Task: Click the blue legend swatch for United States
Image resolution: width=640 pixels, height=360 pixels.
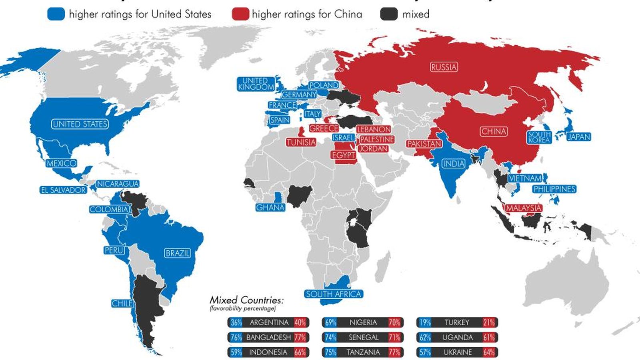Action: pyautogui.click(x=56, y=14)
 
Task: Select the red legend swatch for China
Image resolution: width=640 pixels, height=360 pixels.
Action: pyautogui.click(x=240, y=14)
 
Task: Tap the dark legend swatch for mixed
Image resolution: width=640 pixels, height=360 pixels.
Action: pyautogui.click(x=388, y=14)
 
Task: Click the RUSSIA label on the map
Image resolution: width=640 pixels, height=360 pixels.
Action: pyautogui.click(x=444, y=67)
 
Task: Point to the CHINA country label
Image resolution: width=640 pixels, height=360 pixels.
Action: pyautogui.click(x=494, y=132)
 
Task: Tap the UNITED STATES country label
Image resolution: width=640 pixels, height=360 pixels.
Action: pyautogui.click(x=80, y=124)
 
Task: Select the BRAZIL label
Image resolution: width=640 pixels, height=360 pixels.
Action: pyautogui.click(x=178, y=253)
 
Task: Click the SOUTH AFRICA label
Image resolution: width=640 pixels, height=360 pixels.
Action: pyautogui.click(x=334, y=294)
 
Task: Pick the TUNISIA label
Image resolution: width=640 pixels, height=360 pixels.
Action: pyautogui.click(x=301, y=142)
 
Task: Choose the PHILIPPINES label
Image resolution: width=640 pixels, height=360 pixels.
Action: pyautogui.click(x=554, y=189)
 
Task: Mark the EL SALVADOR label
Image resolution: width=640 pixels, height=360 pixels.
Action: pyautogui.click(x=63, y=190)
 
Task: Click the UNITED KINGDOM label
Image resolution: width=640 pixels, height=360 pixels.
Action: pyautogui.click(x=256, y=84)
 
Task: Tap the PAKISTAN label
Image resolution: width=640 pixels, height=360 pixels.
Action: pyautogui.click(x=424, y=144)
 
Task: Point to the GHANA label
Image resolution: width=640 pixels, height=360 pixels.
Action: pyautogui.click(x=270, y=207)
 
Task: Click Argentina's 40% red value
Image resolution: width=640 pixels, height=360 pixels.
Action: pyautogui.click(x=300, y=322)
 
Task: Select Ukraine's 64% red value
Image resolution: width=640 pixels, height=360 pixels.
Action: pyautogui.click(x=489, y=352)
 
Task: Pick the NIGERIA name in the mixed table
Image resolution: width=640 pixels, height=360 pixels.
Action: pyautogui.click(x=363, y=322)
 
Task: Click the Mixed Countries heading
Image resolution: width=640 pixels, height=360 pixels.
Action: pyautogui.click(x=246, y=300)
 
